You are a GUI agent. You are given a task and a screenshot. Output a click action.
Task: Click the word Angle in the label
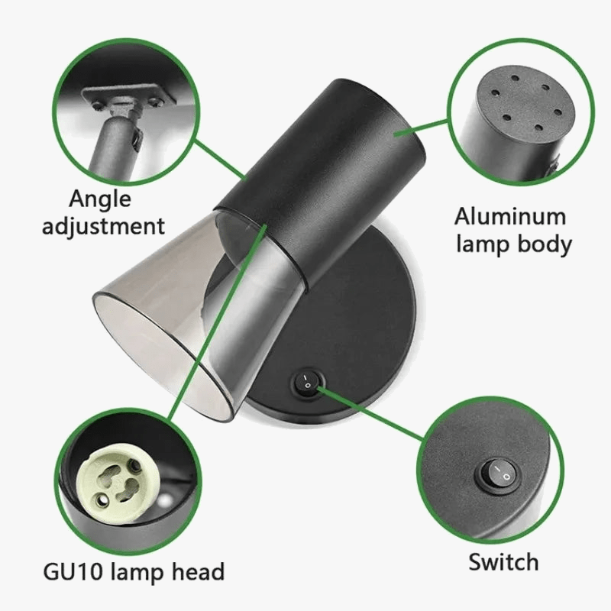(100, 199)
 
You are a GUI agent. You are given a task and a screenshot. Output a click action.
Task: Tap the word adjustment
(103, 226)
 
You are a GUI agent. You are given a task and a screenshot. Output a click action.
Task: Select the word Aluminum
(509, 217)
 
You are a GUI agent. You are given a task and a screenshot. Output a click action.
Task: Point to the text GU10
(73, 571)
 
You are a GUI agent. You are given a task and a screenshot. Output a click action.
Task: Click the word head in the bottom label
(198, 571)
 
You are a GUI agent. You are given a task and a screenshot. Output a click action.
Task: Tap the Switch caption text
(503, 562)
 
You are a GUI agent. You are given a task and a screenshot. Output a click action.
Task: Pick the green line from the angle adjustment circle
(220, 160)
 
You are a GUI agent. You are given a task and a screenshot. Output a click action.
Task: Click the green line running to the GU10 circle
(218, 322)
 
